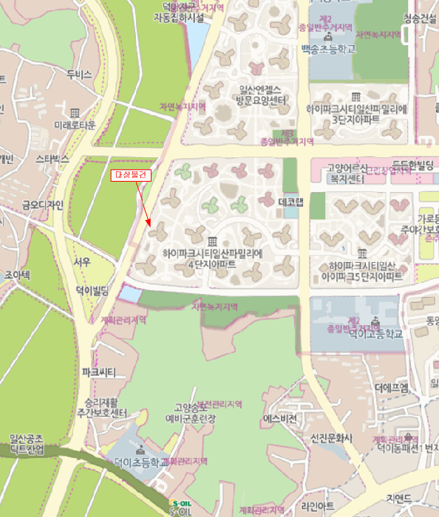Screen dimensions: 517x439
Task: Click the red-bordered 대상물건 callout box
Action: [x=131, y=175]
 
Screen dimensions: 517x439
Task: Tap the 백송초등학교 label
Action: [x=329, y=49]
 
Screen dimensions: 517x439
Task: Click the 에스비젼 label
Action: [x=280, y=418]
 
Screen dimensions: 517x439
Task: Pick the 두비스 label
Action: [x=78, y=75]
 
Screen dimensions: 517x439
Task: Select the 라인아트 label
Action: [x=318, y=505]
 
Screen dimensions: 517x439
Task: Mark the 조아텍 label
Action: [x=16, y=275]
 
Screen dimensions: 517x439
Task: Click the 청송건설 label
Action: [x=421, y=19]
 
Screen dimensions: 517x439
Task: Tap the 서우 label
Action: [x=82, y=261]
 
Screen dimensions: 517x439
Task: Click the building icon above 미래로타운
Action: [x=75, y=112]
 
